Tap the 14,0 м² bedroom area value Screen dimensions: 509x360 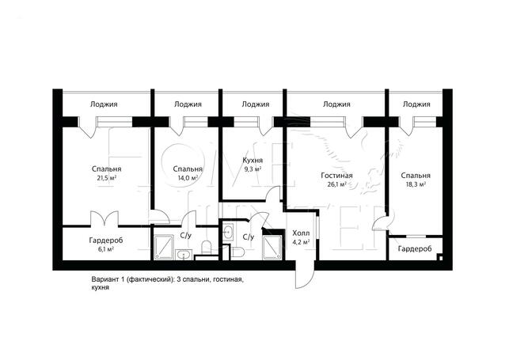(x=188, y=178)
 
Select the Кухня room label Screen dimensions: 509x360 (x=253, y=160)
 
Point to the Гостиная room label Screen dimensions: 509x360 (x=336, y=176)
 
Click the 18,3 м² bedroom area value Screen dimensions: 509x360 (x=416, y=184)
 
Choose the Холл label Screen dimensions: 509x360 (x=301, y=233)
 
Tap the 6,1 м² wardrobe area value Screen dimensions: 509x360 (x=106, y=249)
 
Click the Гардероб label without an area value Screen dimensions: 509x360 (x=415, y=249)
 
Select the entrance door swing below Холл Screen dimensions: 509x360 (x=305, y=275)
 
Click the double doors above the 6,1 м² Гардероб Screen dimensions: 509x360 (x=104, y=218)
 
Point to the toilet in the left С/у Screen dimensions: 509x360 (x=207, y=248)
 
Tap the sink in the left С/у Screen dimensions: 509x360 (x=184, y=255)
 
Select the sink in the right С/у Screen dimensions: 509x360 (x=228, y=232)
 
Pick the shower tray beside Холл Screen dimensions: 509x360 (x=272, y=248)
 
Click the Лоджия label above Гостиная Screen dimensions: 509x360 (x=336, y=104)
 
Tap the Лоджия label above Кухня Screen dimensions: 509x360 (x=256, y=104)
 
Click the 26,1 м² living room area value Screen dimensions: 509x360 (x=336, y=184)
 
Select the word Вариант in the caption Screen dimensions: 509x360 (x=103, y=279)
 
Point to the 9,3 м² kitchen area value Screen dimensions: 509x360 (x=253, y=169)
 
